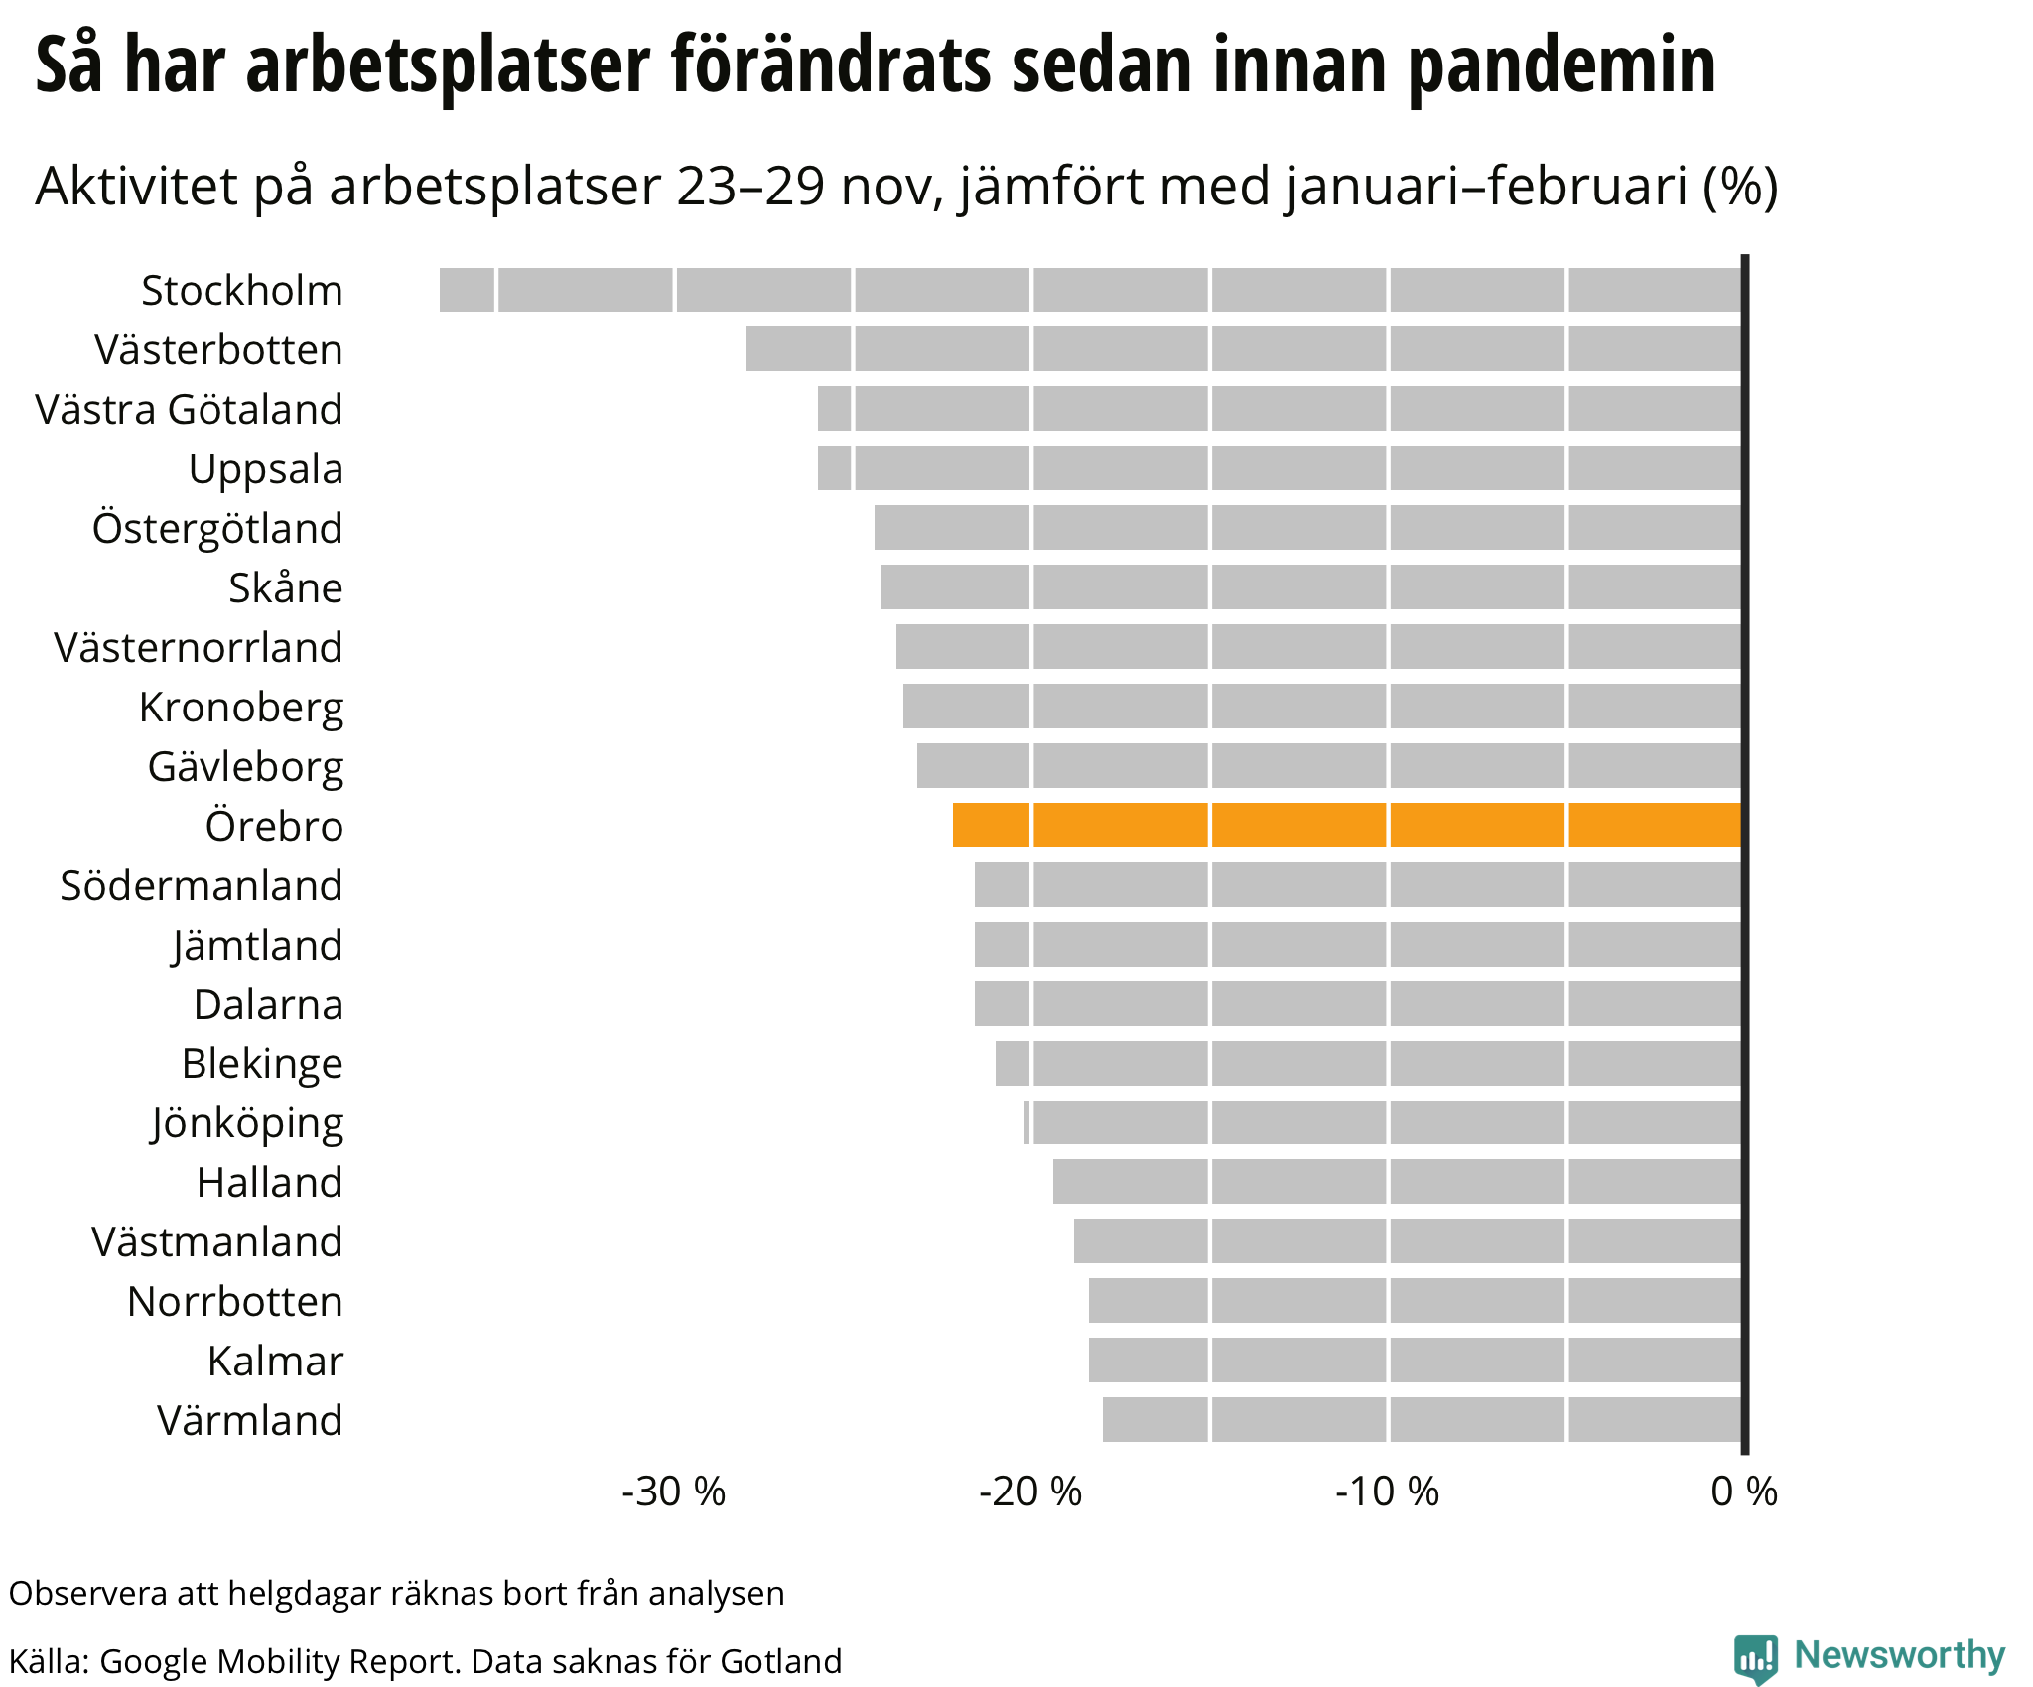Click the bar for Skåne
tap(1310, 587)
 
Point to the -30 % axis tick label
tap(674, 1492)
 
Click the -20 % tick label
tap(1030, 1492)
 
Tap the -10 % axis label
tap(1387, 1492)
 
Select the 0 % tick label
tap(1744, 1492)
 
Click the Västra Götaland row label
tap(189, 410)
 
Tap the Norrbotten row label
tap(235, 1302)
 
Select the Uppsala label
tap(266, 469)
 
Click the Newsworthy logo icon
tap(1755, 1659)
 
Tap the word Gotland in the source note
tap(781, 1661)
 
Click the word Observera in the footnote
tap(88, 1593)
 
